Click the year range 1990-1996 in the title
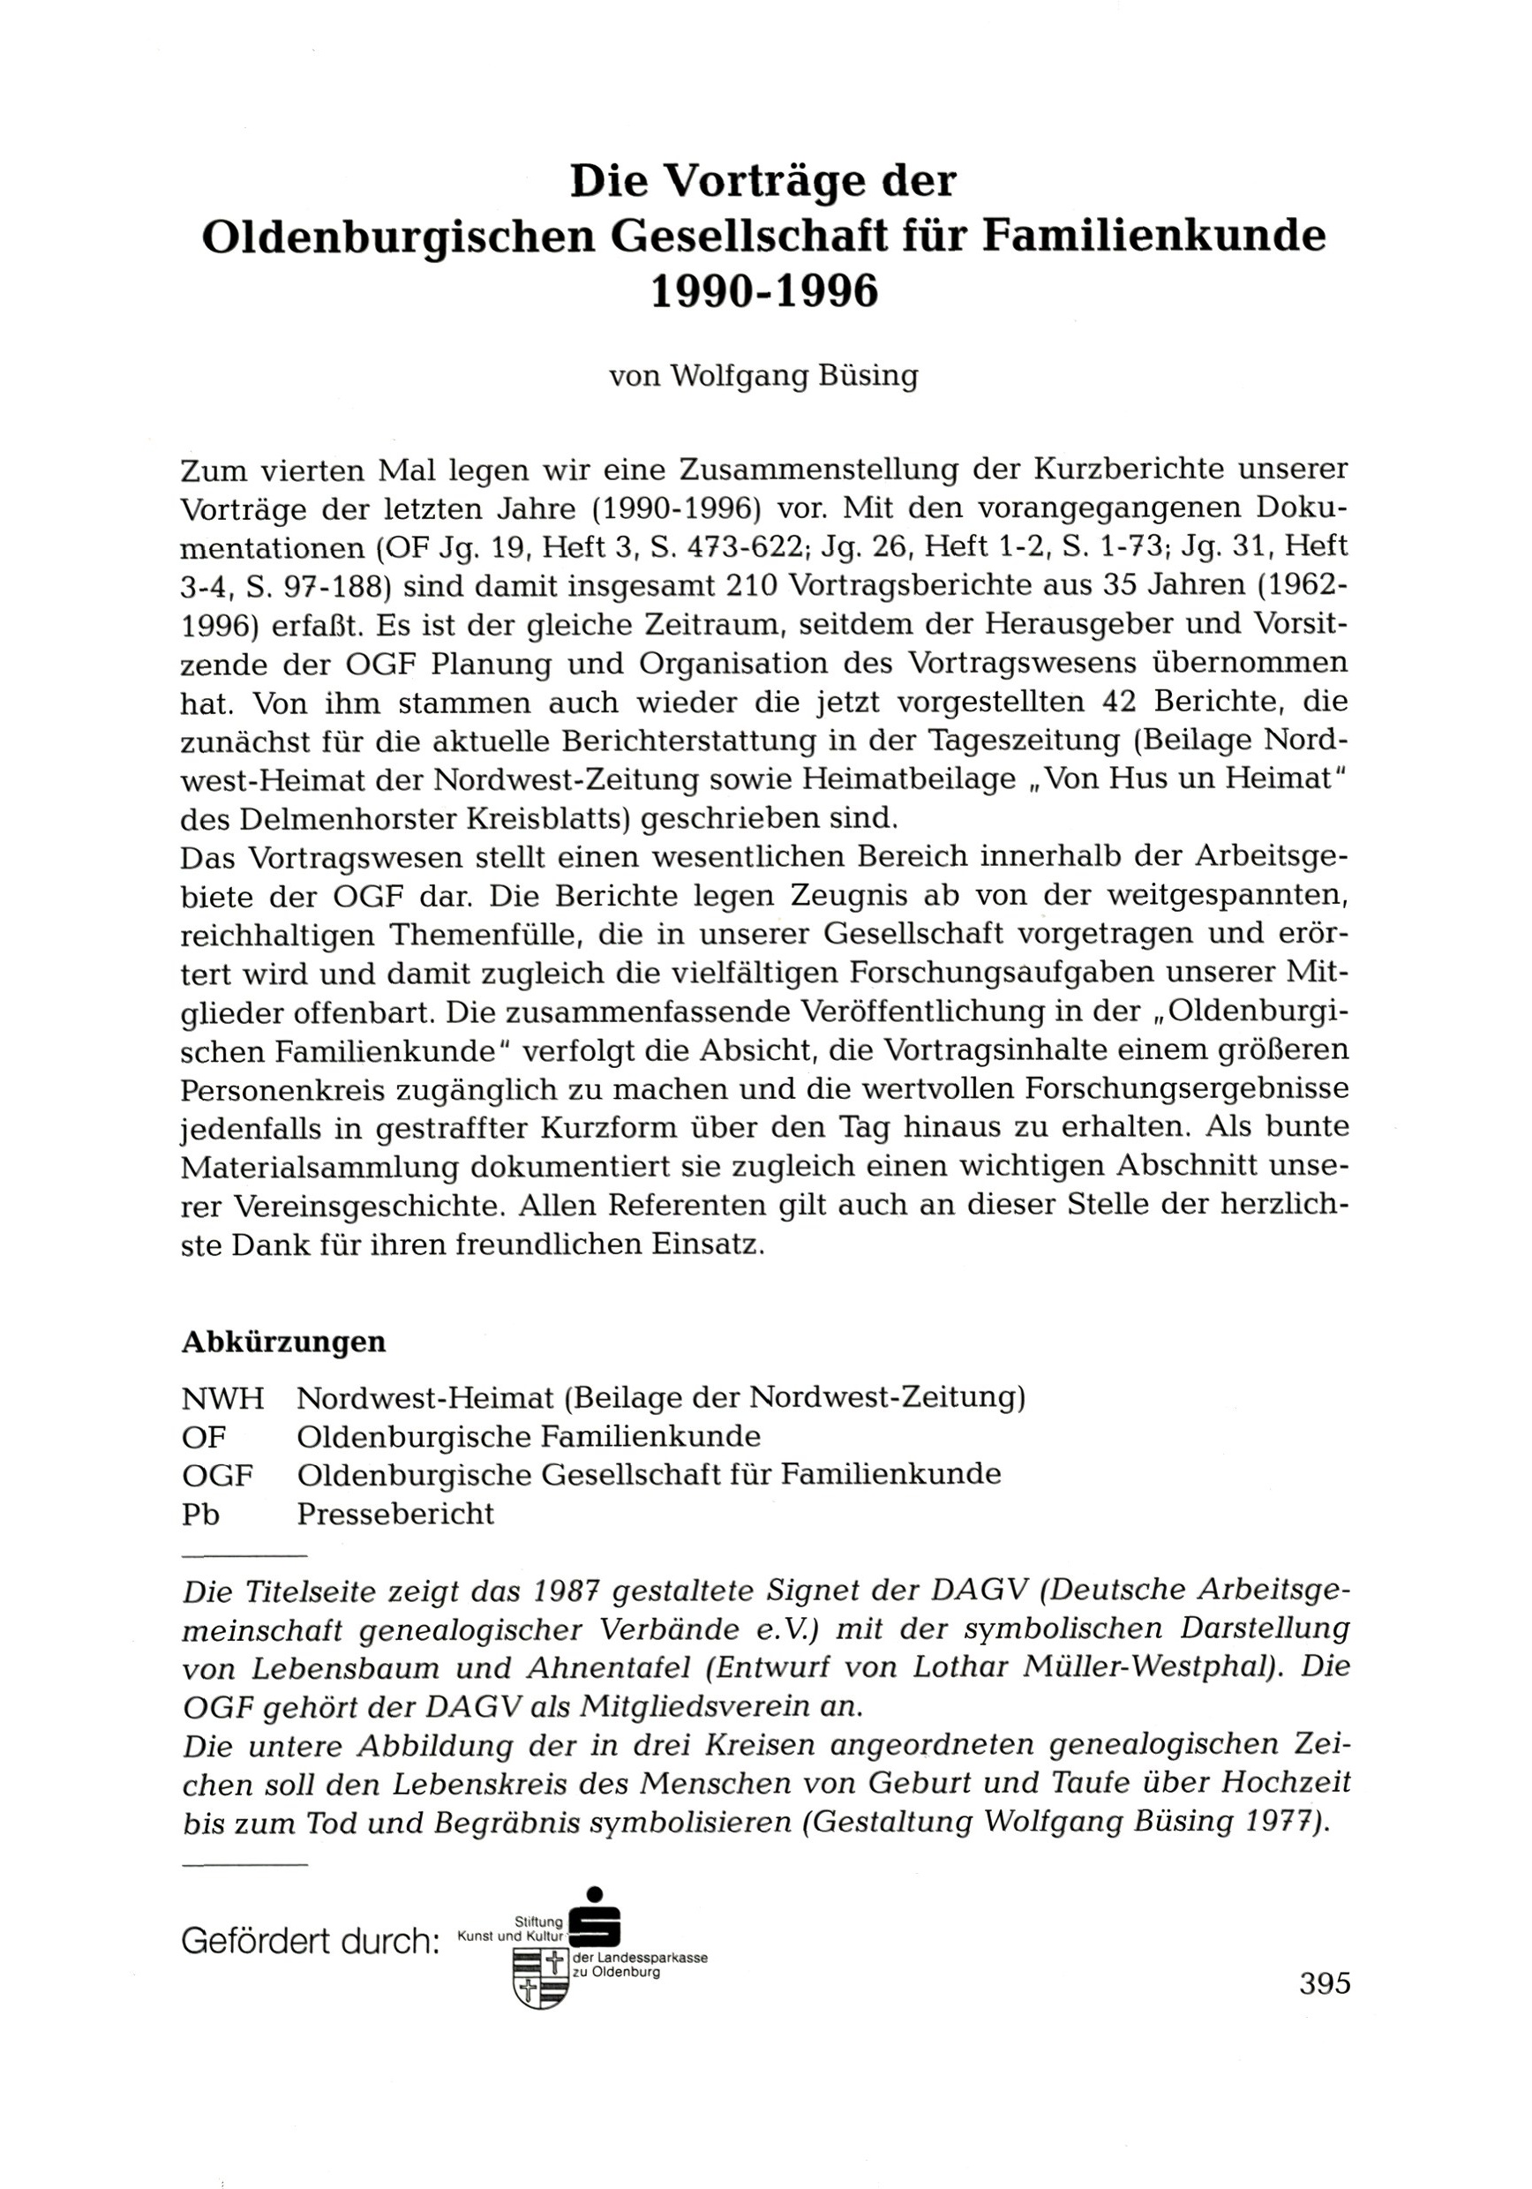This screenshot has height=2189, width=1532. point(762,293)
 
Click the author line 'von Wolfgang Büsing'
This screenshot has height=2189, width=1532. point(762,377)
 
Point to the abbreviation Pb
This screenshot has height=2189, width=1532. point(200,1513)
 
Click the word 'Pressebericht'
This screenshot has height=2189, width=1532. point(395,1513)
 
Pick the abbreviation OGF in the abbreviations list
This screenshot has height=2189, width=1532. point(217,1475)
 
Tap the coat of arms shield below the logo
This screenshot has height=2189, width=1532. point(541,1977)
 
